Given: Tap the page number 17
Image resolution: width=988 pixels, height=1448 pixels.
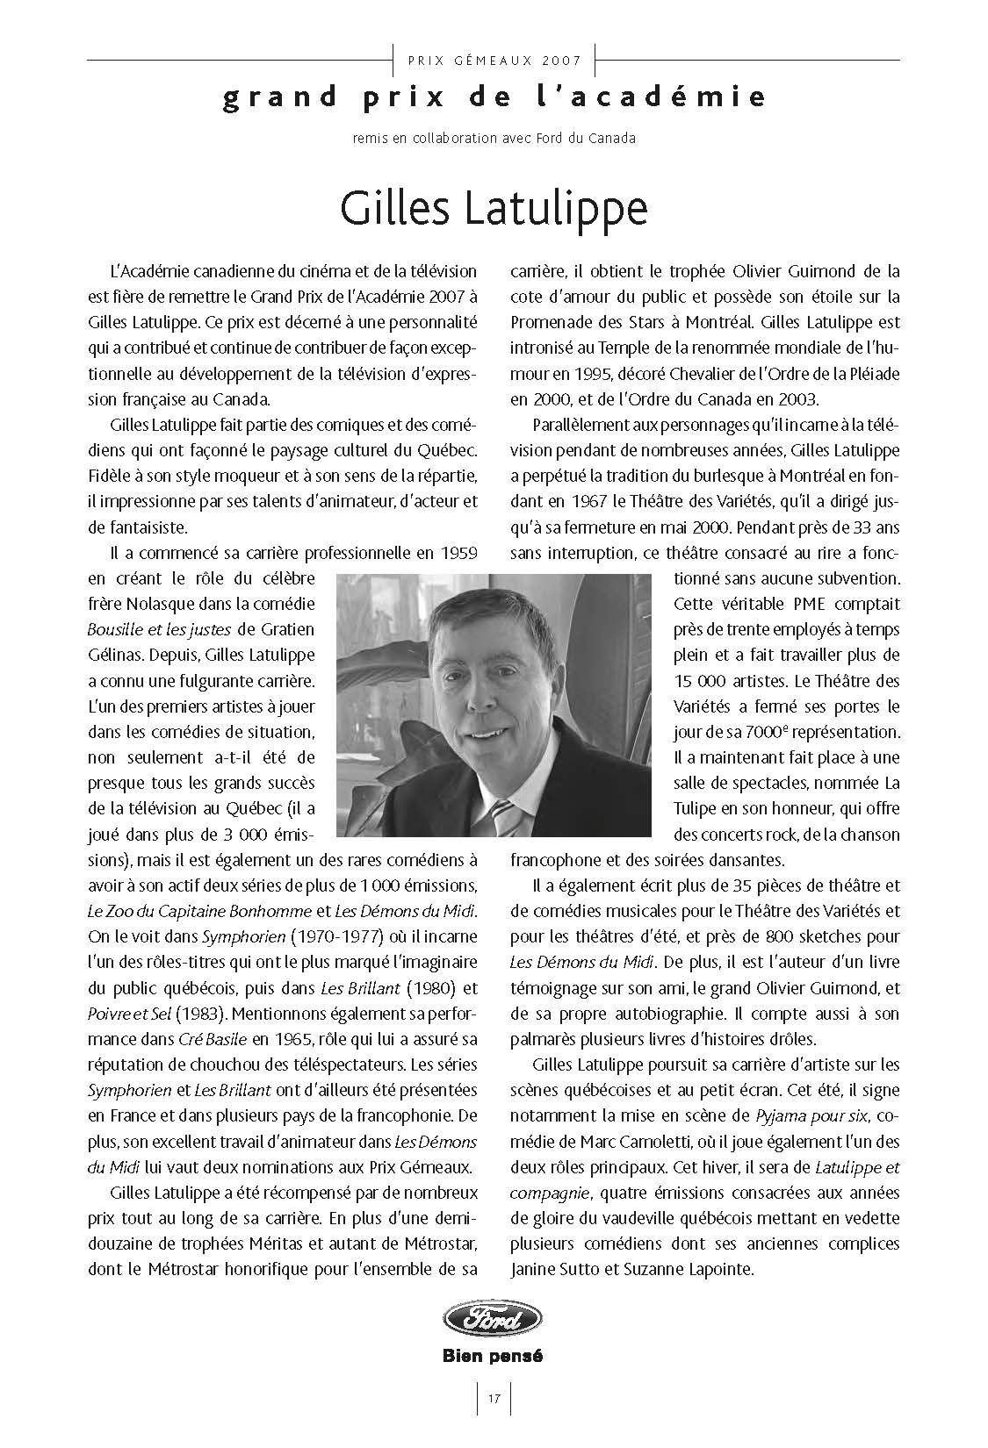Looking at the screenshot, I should (494, 1399).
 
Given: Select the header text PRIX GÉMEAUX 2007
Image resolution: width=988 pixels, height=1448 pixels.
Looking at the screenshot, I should (494, 61).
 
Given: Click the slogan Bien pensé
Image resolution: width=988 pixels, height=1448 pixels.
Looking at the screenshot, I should (493, 1356).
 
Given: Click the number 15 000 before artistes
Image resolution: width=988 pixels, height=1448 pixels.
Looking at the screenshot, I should (703, 680).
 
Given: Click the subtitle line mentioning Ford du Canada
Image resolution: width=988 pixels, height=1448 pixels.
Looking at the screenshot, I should (494, 138).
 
